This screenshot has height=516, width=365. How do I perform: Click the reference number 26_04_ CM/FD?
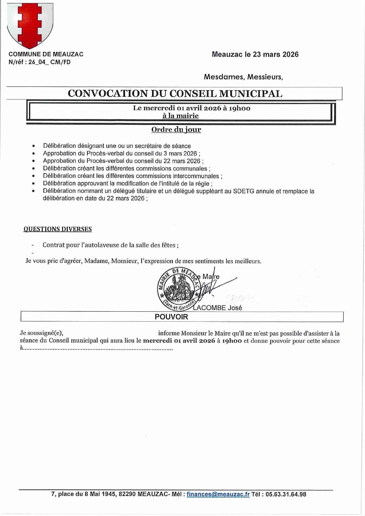(x=49, y=62)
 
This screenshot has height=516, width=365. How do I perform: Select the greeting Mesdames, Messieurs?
(x=243, y=77)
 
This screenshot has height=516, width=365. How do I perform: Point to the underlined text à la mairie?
(x=180, y=116)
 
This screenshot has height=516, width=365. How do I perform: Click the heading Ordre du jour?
(x=176, y=130)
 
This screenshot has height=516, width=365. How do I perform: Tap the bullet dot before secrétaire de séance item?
(x=34, y=146)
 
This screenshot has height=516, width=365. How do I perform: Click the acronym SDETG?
(x=244, y=191)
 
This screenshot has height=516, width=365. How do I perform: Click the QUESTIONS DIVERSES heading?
(x=58, y=229)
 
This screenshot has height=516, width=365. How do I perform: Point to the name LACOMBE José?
(x=217, y=308)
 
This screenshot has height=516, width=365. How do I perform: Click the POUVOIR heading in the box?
(x=171, y=317)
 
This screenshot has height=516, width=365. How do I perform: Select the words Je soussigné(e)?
(x=41, y=333)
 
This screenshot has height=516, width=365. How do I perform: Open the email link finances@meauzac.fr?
(x=218, y=494)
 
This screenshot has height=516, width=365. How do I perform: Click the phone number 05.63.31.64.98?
(x=286, y=494)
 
